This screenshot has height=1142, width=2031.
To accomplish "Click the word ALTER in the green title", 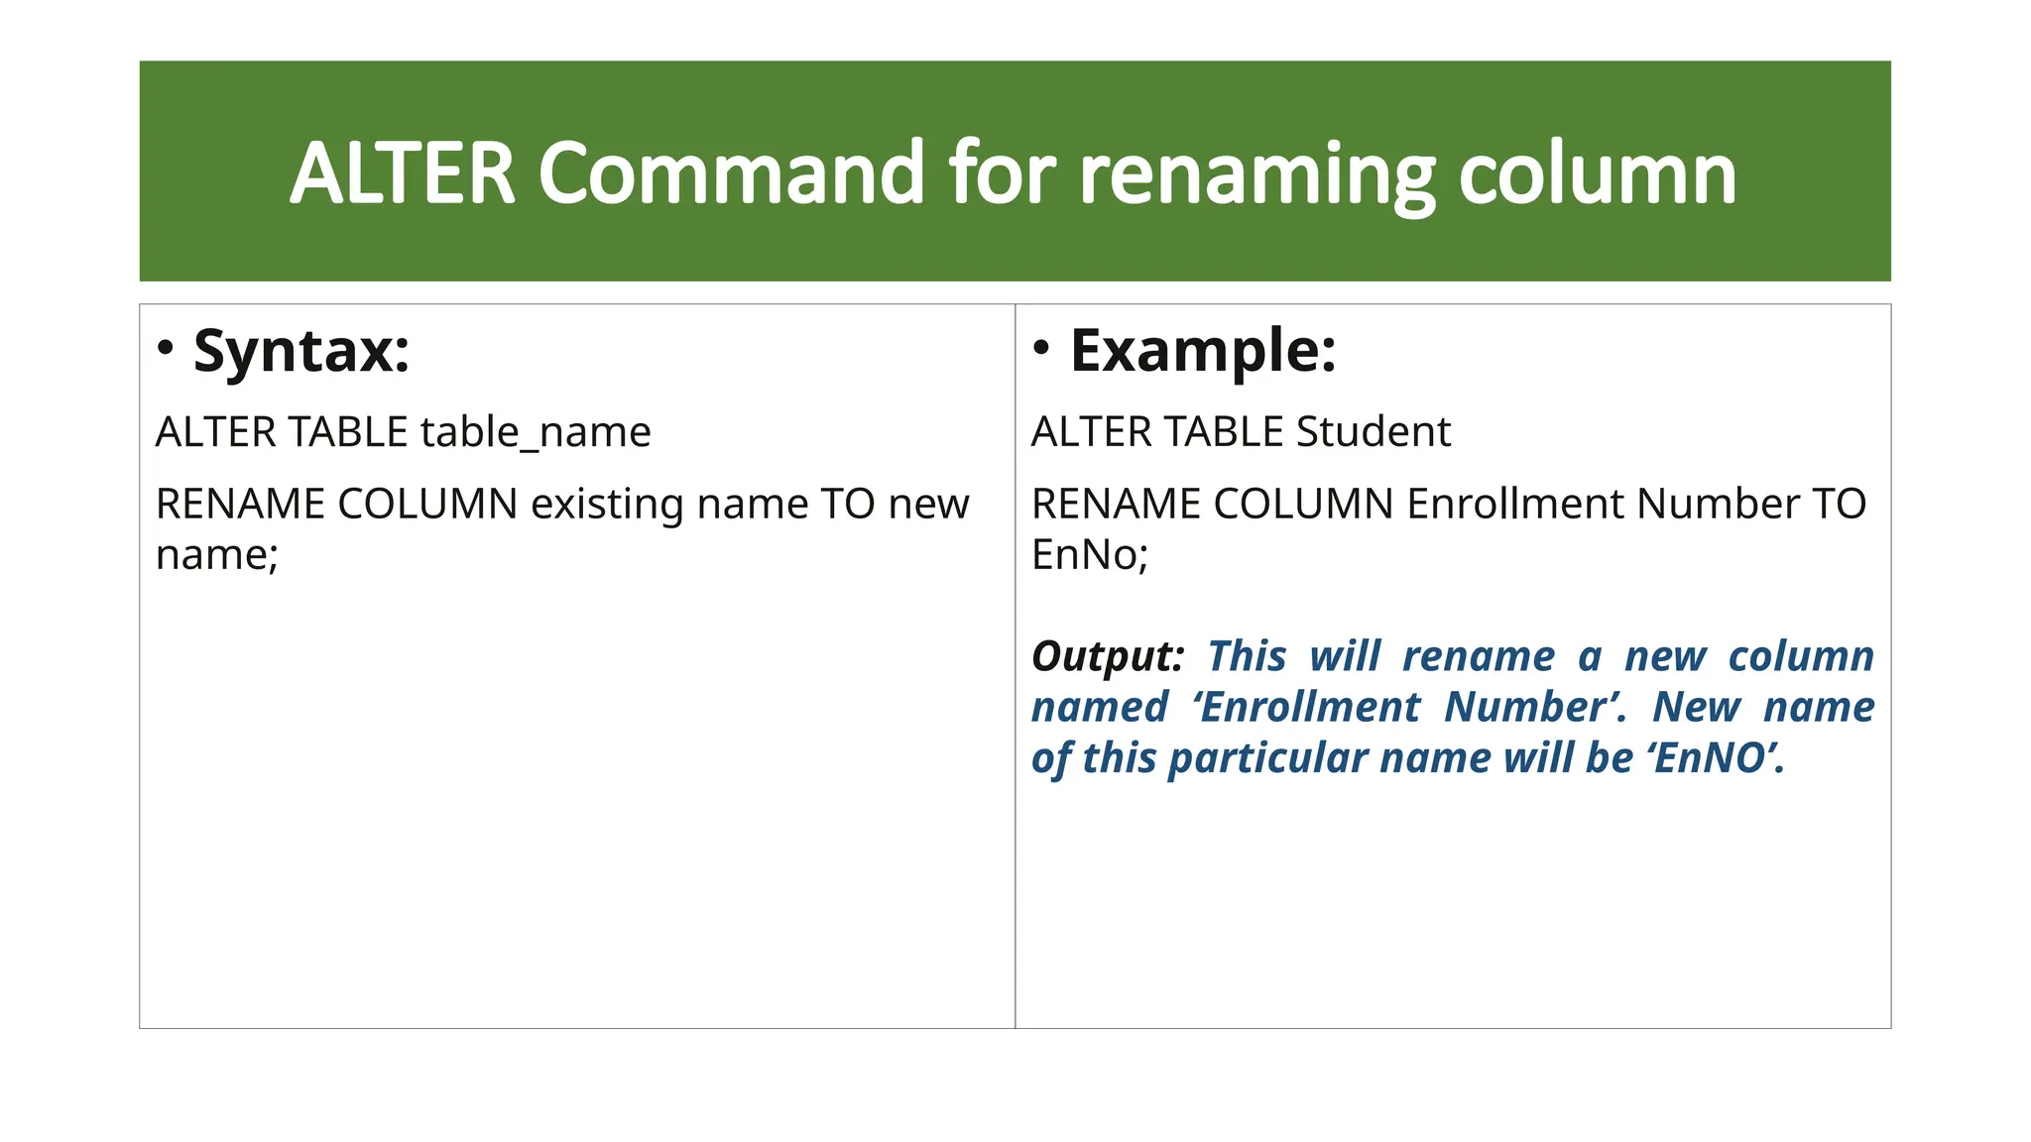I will coord(403,173).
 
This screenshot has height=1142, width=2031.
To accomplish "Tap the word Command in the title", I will coord(731,173).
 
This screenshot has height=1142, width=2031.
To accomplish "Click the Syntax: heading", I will coord(301,351).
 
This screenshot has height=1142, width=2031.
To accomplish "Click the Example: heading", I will coord(1203,351).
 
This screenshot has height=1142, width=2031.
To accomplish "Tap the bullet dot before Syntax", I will coord(166,347).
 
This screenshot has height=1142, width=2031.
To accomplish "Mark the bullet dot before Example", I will coord(1041,347).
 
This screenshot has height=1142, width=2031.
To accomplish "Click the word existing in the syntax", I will coord(607,505).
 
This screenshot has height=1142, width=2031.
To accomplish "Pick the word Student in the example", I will coord(1373,432).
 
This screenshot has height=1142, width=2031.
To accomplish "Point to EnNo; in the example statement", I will coord(1089,554).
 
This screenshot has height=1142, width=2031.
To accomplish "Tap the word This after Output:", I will coord(1247,656).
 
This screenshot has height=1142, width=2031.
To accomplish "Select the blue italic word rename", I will coord(1479,656).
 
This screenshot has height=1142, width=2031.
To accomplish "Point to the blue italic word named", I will coord(1100,707).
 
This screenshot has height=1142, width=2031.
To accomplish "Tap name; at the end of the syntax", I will coord(217,554).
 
